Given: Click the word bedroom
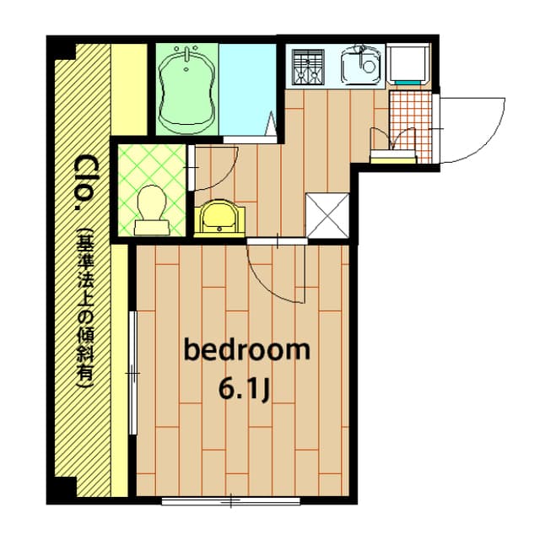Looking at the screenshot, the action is [x=247, y=350].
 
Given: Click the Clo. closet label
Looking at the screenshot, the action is [x=83, y=182].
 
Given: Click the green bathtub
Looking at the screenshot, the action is [x=187, y=89].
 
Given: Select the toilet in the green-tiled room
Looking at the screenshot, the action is [x=152, y=210].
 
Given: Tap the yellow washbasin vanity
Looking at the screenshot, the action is [x=219, y=219].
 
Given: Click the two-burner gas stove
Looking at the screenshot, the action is [x=308, y=67].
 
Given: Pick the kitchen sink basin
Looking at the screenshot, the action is [x=361, y=65].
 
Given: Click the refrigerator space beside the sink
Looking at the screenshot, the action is [x=408, y=64].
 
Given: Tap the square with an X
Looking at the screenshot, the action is [x=327, y=216].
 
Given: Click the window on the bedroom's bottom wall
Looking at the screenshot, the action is [x=230, y=501].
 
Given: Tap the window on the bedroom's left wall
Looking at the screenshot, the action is [x=132, y=373].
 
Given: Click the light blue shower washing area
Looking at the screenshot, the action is [x=247, y=89].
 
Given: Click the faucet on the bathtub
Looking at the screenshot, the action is [x=186, y=54].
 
